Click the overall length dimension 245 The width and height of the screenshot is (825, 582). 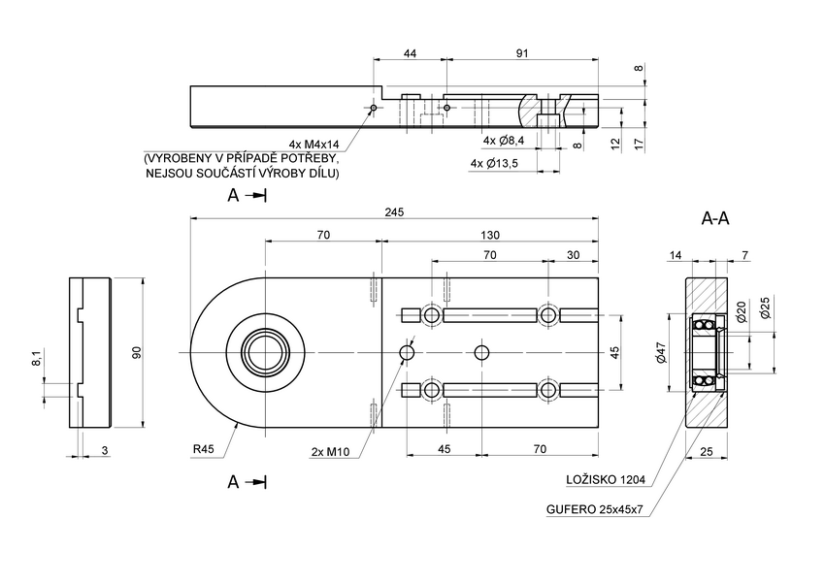393,211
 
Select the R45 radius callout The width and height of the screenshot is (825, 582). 204,449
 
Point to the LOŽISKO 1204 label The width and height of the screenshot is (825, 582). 607,479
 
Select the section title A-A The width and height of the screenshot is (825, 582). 715,219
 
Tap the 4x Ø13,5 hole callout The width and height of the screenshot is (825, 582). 495,163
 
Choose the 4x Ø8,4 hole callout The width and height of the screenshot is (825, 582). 504,141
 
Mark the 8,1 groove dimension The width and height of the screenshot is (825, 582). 37,358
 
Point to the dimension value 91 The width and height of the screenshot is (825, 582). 522,54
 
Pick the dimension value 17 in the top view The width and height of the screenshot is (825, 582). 638,143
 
